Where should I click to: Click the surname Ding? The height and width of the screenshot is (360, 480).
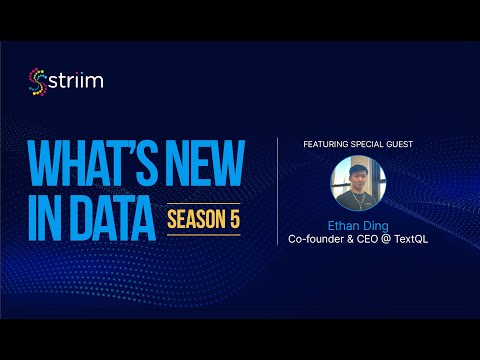point(376,227)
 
